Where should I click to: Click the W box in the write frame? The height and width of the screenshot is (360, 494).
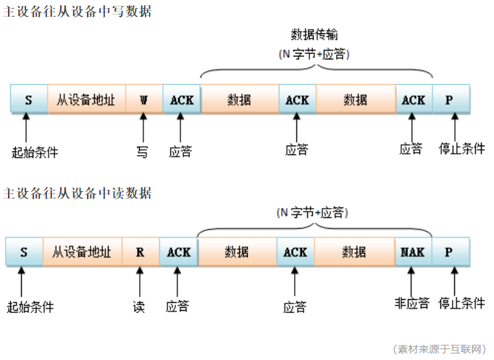coord(144,99)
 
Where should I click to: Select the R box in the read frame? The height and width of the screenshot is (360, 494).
coord(141,252)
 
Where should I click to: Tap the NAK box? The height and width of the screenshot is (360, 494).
coord(413,252)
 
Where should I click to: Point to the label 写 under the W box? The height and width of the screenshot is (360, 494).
coord(143,151)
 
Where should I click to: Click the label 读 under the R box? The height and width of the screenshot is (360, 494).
coord(139,306)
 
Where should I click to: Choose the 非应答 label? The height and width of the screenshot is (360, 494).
coord(412,303)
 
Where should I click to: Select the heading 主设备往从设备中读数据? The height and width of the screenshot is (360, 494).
coord(78,193)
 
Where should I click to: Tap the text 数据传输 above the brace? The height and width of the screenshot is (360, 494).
coord(314,35)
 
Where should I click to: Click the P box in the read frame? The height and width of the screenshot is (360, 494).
coord(449,252)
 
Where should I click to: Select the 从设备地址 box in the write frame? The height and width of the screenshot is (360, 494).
coord(86,99)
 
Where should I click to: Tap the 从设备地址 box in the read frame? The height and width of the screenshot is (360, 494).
coord(82,252)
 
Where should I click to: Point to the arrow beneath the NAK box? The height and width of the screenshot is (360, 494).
coord(413,280)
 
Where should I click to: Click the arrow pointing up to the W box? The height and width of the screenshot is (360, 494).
coord(143,127)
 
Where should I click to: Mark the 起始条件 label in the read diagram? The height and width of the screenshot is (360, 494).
coord(30,306)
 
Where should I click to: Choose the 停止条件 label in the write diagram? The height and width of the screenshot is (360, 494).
coord(462,149)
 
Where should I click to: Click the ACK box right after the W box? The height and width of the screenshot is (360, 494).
coord(182,99)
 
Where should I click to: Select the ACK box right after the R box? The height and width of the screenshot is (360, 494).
coord(178,252)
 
